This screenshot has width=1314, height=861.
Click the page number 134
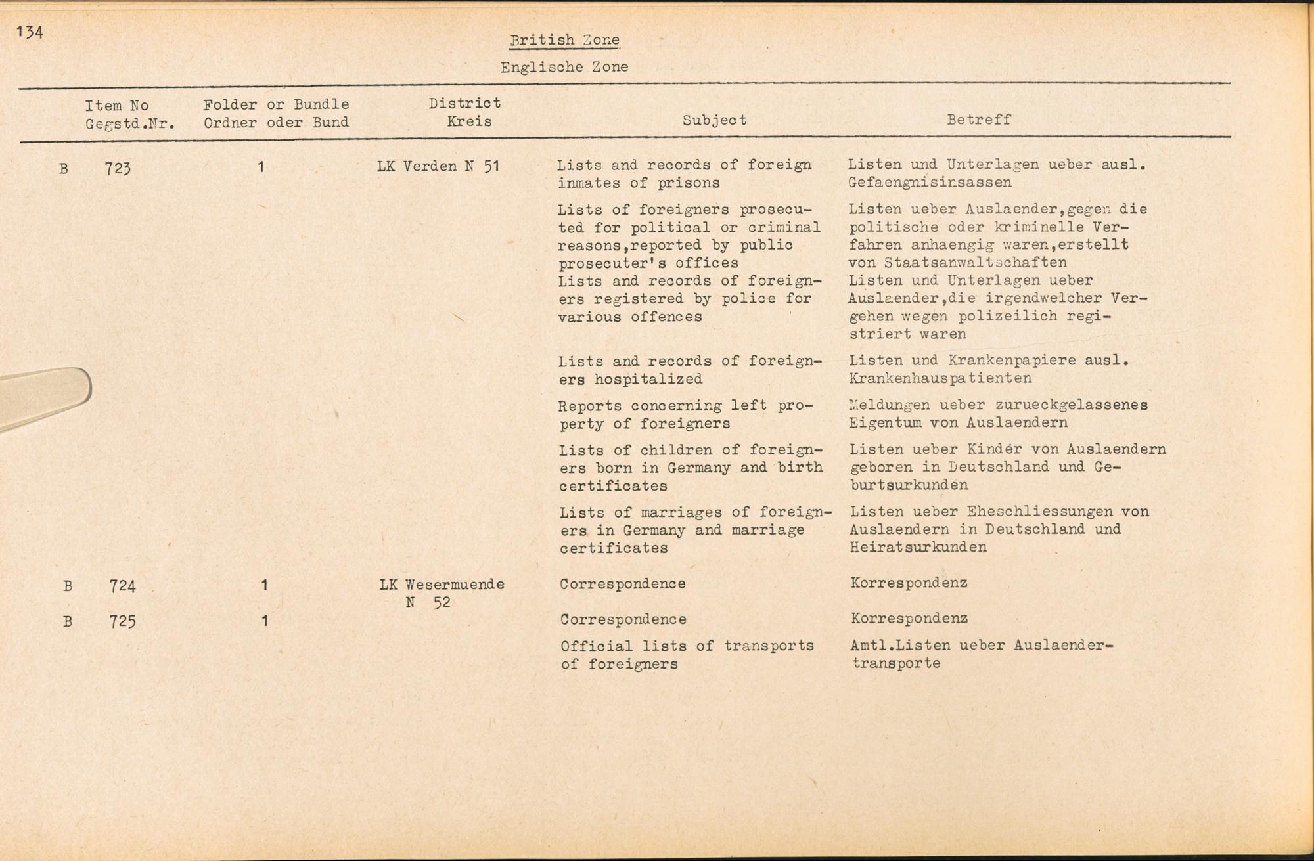[x=30, y=32]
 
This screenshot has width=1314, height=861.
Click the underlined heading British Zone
[x=564, y=40]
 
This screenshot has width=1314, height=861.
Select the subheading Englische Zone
[x=564, y=67]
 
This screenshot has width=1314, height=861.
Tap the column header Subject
[x=714, y=120]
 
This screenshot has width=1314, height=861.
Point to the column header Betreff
[x=978, y=120]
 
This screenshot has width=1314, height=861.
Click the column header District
[x=464, y=103]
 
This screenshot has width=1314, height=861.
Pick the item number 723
[x=118, y=169]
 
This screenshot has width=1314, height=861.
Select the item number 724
[x=122, y=586]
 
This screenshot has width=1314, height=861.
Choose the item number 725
[x=122, y=621]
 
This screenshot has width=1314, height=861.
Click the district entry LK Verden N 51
[x=438, y=166]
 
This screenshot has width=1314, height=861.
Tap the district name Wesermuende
[x=455, y=585]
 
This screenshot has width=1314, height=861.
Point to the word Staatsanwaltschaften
[x=976, y=263]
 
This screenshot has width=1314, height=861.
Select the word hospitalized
[x=648, y=379]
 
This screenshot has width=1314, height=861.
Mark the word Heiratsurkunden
[x=918, y=547]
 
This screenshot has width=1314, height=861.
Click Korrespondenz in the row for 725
[x=909, y=619]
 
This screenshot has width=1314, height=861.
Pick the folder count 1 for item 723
[x=261, y=167]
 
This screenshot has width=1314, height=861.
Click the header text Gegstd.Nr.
[x=130, y=123]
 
